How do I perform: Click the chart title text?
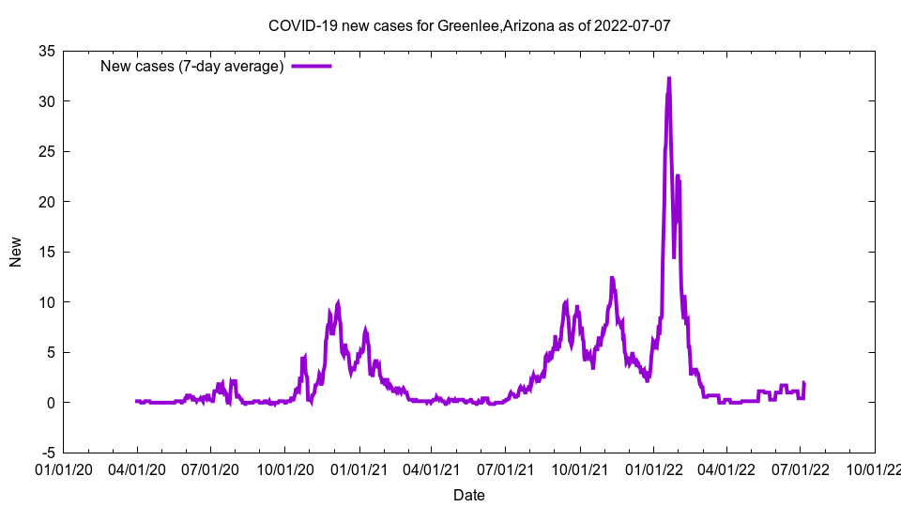(469, 25)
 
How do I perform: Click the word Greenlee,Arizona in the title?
(486, 25)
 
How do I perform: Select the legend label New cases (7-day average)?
(191, 66)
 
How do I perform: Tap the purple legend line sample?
(312, 66)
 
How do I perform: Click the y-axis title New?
(16, 252)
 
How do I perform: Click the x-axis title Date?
(469, 495)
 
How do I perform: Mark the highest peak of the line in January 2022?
(669, 78)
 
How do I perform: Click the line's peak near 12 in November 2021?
(612, 278)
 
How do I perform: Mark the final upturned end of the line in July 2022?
(804, 383)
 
